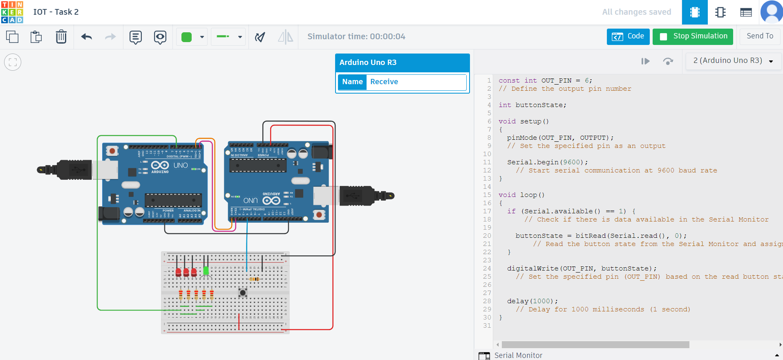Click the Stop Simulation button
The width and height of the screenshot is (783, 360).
pos(693,36)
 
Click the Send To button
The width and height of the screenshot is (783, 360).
pos(760,36)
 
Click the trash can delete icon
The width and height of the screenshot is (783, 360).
pos(61,37)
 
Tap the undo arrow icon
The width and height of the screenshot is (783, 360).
pos(87,37)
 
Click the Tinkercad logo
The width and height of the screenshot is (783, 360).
pos(12,12)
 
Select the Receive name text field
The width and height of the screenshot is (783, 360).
pos(416,82)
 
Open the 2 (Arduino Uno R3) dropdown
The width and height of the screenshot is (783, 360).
pos(733,61)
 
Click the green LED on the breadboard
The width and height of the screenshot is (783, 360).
pos(206,271)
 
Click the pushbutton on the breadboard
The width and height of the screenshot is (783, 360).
pos(243,293)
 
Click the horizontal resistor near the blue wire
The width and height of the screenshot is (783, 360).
pos(255,279)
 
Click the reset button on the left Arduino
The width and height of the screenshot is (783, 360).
pos(112,151)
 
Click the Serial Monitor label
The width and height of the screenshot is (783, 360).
pos(518,356)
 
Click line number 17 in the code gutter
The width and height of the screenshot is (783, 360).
pos(487,211)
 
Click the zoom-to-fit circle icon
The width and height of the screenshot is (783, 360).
pos(13,62)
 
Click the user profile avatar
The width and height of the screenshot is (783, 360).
pos(771,12)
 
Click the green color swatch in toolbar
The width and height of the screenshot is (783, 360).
pos(187,37)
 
